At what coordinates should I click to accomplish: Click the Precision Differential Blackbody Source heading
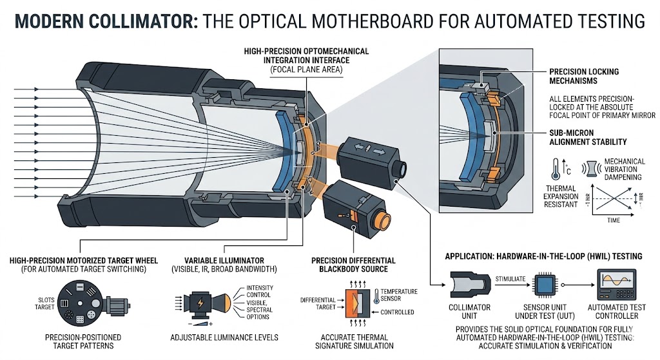pyautogui.click(x=349, y=264)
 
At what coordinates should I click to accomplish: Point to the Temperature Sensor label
pyautogui.click(x=399, y=294)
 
